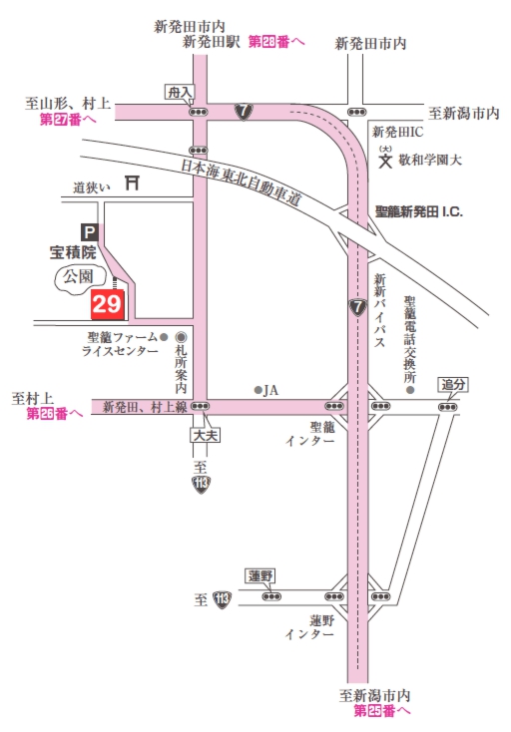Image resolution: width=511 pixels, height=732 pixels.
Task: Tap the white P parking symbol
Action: (x=89, y=230)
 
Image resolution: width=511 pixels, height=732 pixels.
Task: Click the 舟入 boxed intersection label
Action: (x=179, y=92)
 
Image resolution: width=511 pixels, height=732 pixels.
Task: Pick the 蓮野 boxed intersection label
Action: (x=260, y=575)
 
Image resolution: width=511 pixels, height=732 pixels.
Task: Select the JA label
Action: (x=270, y=390)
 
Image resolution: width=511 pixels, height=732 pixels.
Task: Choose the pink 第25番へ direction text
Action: (x=382, y=711)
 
